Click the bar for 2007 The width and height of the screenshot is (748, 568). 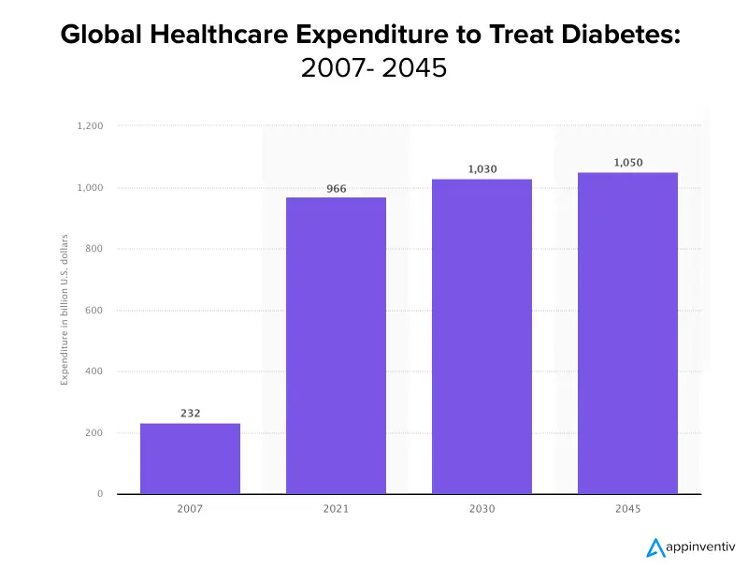click(x=190, y=459)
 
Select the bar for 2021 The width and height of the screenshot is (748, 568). click(x=336, y=345)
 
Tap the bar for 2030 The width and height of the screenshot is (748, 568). click(x=482, y=336)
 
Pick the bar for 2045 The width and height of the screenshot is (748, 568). click(x=627, y=333)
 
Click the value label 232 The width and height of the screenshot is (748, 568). click(x=190, y=413)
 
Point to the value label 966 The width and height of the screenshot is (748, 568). click(x=336, y=189)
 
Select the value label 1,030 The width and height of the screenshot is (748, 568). click(x=482, y=169)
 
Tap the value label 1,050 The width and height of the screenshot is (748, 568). click(x=628, y=163)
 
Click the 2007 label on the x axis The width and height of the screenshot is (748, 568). click(x=190, y=510)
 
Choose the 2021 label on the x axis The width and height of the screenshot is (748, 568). click(x=336, y=510)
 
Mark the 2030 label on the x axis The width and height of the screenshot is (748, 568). click(x=482, y=510)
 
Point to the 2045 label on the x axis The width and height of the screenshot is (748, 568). click(x=627, y=510)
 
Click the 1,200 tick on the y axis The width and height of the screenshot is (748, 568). click(x=90, y=126)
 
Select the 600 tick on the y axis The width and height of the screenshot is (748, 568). click(x=95, y=311)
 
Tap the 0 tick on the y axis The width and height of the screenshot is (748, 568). click(x=100, y=494)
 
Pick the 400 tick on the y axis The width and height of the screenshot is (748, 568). click(x=95, y=371)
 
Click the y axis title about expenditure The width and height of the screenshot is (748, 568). click(x=65, y=310)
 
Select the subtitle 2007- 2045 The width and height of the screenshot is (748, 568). click(x=374, y=68)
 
